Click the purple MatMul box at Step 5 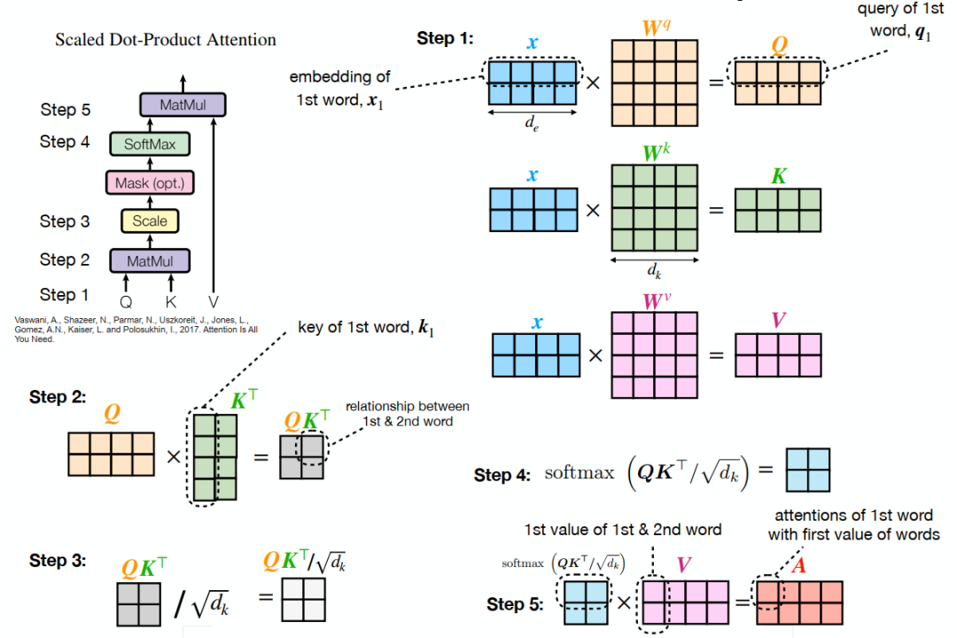pyautogui.click(x=183, y=105)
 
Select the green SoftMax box pyautogui.click(x=150, y=144)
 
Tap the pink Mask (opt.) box pyautogui.click(x=150, y=183)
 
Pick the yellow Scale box pyautogui.click(x=150, y=221)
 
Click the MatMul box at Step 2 pyautogui.click(x=150, y=261)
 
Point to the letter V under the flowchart pyautogui.click(x=212, y=301)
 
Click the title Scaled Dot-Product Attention pyautogui.click(x=166, y=40)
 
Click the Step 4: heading pyautogui.click(x=505, y=476)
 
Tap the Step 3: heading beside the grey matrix pyautogui.click(x=58, y=561)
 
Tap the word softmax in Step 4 pyautogui.click(x=580, y=472)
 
